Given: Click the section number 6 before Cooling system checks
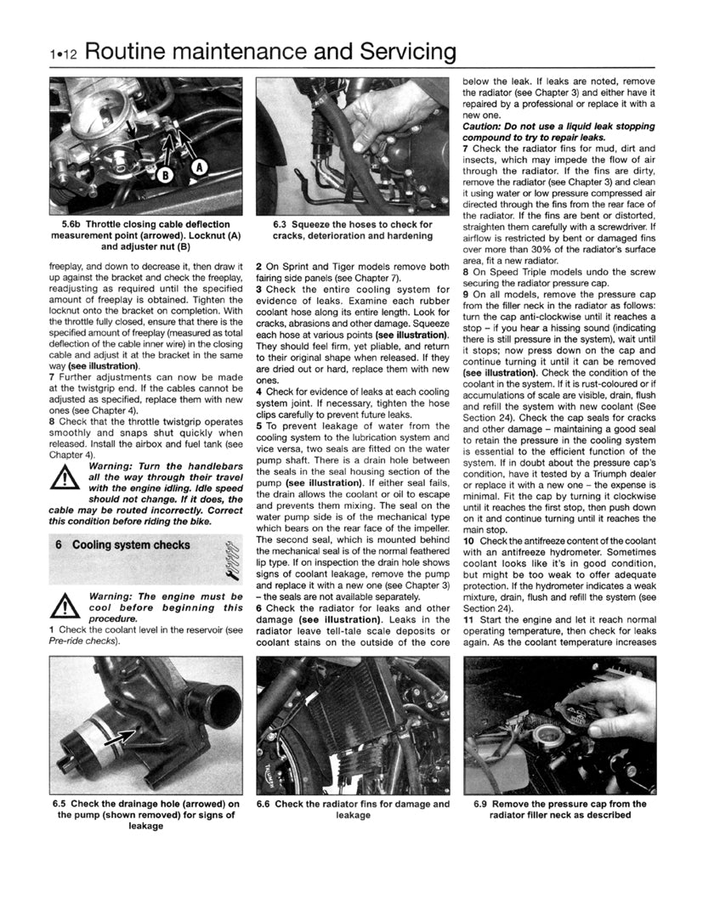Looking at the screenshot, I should pyautogui.click(x=58, y=545).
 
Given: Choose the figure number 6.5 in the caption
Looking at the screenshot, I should pyautogui.click(x=62, y=804).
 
